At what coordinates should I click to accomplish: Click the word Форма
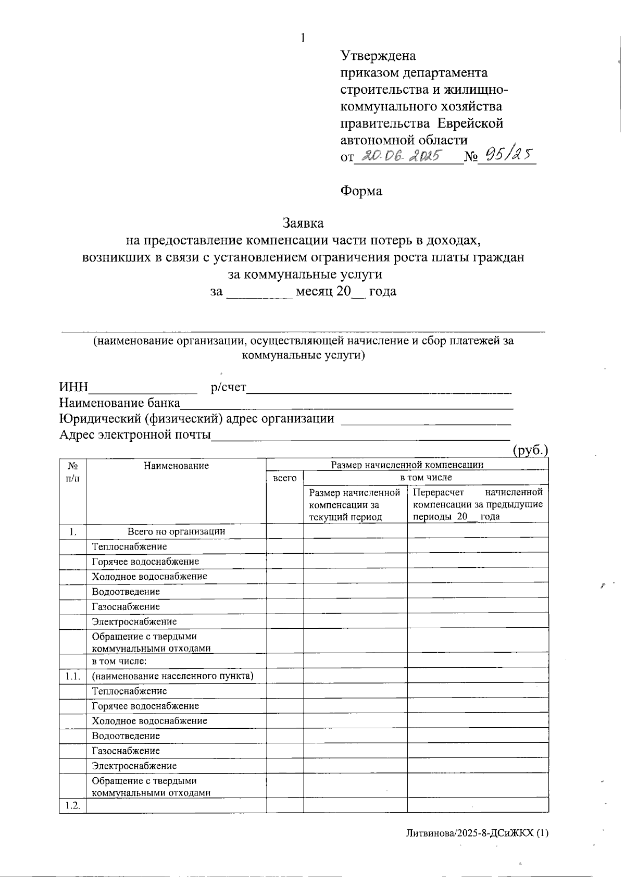click(361, 191)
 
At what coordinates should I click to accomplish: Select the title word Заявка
click(303, 223)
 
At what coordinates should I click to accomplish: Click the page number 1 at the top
click(302, 38)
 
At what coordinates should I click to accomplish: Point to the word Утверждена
click(378, 55)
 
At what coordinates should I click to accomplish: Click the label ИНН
click(73, 387)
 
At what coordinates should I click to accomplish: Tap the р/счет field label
click(228, 387)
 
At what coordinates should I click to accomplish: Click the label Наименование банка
click(119, 403)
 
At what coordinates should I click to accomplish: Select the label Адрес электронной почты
click(135, 434)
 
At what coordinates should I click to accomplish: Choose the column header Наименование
click(176, 466)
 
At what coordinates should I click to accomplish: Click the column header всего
click(285, 478)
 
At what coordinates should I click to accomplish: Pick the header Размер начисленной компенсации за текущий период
click(354, 504)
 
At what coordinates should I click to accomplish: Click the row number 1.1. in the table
click(72, 676)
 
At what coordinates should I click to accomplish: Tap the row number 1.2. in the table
click(72, 805)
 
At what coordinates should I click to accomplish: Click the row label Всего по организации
click(176, 531)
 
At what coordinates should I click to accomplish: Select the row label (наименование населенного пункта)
click(172, 676)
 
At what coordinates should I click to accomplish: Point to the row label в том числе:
click(119, 662)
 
